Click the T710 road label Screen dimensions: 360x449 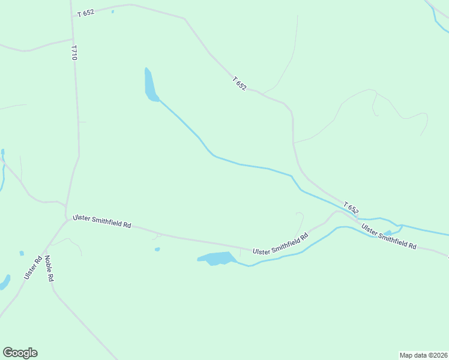[x=74, y=52]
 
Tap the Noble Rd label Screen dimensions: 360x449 [x=50, y=269]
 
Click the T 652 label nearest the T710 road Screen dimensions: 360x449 [x=86, y=13]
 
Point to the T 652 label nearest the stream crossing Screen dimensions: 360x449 [x=351, y=208]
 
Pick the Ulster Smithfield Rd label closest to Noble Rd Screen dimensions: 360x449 [x=101, y=221]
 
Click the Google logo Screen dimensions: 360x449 [x=20, y=353]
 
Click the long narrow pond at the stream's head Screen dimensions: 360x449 [x=150, y=85]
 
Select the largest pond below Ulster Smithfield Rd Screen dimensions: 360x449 [x=216, y=259]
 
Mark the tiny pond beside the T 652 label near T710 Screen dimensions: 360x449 [x=112, y=11]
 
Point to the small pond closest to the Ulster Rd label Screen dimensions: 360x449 [x=22, y=253]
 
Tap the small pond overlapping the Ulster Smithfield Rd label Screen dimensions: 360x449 [x=388, y=233]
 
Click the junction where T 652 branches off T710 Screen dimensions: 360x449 [x=72, y=16]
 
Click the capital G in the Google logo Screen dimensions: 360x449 [x=8, y=353]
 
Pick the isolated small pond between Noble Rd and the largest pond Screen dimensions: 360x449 [x=157, y=250]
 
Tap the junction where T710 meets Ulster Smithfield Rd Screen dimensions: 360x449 [x=67, y=218]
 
